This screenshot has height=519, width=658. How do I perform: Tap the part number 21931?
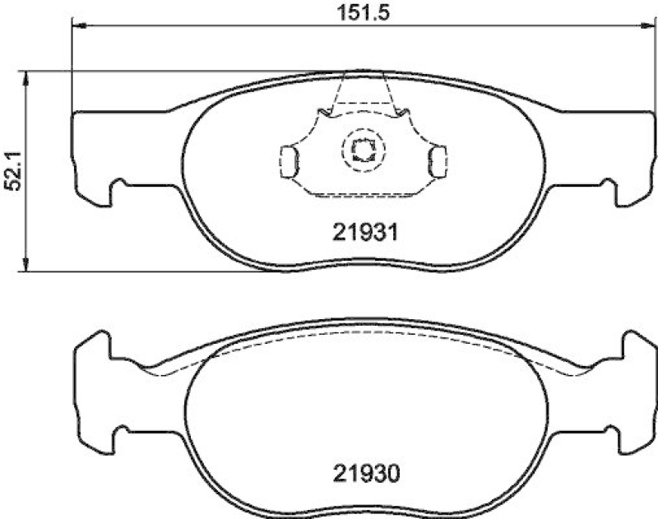365,233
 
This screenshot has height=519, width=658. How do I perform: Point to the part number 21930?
365,474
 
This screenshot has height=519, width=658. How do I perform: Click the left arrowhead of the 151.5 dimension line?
79,27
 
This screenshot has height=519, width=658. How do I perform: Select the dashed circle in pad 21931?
361,150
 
